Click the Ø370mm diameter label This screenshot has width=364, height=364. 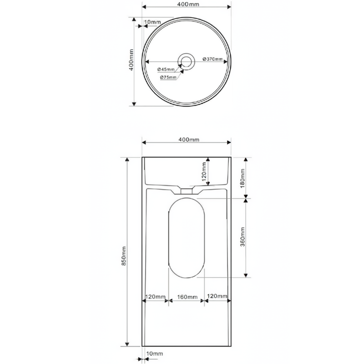tap(212, 59)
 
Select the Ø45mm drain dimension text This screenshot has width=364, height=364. tap(166, 70)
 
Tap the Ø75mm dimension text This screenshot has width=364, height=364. tap(168, 77)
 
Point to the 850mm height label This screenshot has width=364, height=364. tap(124, 256)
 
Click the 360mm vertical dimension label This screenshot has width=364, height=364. tap(243, 237)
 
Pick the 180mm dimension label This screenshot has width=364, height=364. tap(243, 178)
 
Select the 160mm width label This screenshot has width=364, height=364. tap(187, 297)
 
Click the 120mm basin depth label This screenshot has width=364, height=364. tap(204, 172)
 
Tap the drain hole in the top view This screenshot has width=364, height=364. tap(186, 62)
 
